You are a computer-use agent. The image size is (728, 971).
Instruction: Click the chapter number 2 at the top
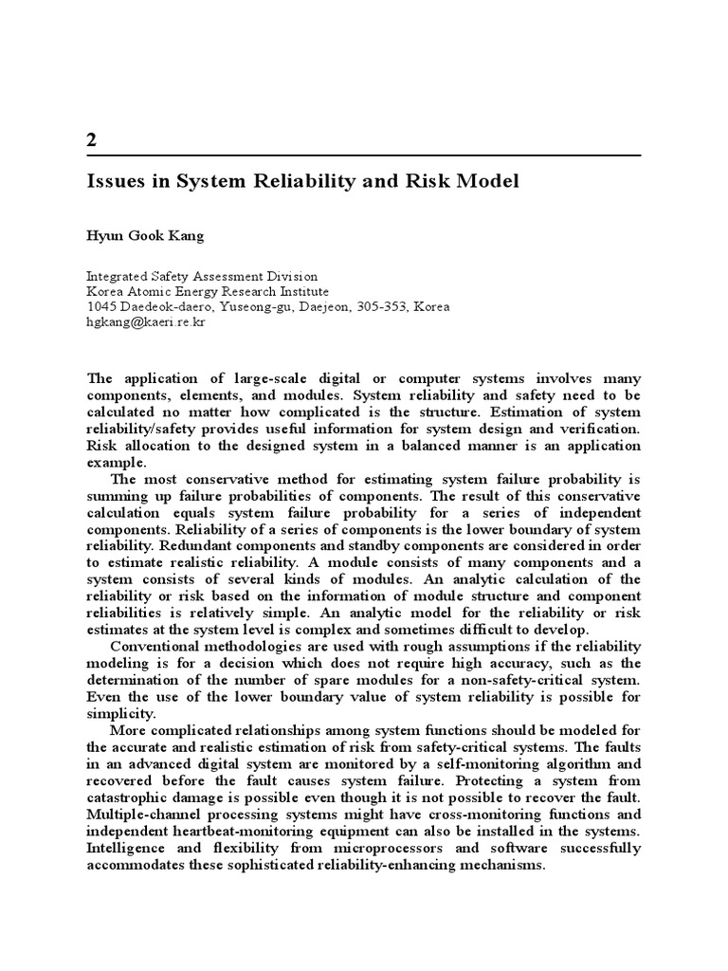coord(91,140)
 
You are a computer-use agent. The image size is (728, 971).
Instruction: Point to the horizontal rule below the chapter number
coord(364,156)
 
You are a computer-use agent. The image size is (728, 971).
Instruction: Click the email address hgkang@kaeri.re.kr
coord(146,321)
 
